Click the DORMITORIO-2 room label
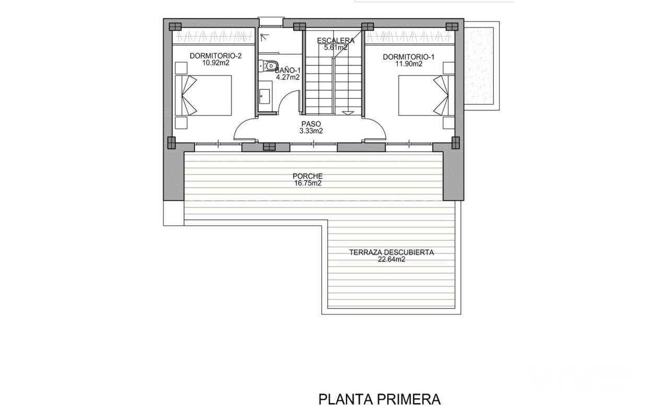pos(216,56)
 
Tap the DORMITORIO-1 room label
pos(409,57)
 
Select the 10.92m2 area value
pos(216,63)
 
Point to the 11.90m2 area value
pos(409,64)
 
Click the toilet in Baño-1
pos(269,65)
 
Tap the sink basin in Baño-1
pos(264,96)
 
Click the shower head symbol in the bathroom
pos(264,37)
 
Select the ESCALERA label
pos(336,41)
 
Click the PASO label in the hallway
pos(311,124)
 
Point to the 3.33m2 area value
pos(311,131)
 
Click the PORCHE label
pos(308,176)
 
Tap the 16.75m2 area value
pos(308,183)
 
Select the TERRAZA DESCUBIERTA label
pos(391,252)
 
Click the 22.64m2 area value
pos(391,260)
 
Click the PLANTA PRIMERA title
pos(379,400)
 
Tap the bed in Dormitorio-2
pos(203,95)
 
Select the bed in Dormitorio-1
pos(426,95)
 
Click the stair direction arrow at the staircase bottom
pos(348,113)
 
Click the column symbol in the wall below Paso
pos(269,146)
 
